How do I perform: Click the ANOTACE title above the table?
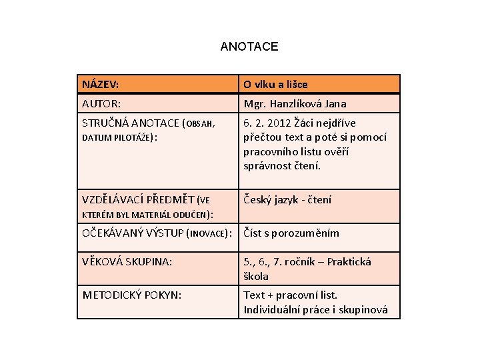249,47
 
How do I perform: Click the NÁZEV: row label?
101,84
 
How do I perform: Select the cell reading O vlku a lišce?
275,85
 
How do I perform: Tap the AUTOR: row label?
102,104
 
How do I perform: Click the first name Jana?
334,104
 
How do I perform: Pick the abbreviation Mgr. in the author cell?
253,104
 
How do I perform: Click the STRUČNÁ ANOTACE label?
131,123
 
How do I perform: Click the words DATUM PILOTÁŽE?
117,137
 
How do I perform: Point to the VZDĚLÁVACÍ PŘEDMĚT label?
138,199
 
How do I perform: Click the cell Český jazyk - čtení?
287,199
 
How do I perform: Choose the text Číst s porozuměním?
291,233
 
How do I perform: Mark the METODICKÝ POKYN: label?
131,295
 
